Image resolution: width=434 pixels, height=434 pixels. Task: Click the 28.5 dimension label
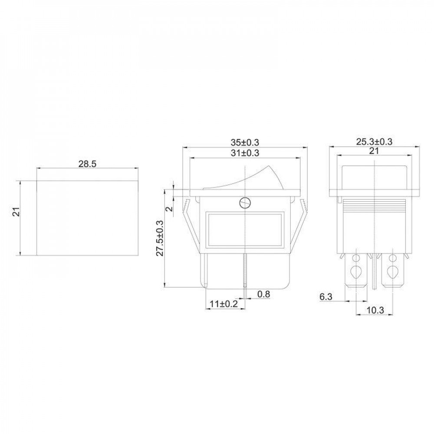pos(87,164)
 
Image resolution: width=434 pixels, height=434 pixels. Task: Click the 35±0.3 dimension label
pos(245,142)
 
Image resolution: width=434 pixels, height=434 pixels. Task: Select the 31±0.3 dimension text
pos(245,153)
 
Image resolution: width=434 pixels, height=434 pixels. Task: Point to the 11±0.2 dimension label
pos(224,304)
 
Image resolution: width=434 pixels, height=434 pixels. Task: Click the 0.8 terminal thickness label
pos(263,294)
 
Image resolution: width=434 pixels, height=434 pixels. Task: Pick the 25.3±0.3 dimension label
pos(374,142)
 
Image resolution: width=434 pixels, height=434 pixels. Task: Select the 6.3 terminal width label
pos(326,297)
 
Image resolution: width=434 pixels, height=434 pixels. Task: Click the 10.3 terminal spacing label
pos(375,310)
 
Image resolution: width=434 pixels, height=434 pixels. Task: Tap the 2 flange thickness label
pos(170,207)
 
